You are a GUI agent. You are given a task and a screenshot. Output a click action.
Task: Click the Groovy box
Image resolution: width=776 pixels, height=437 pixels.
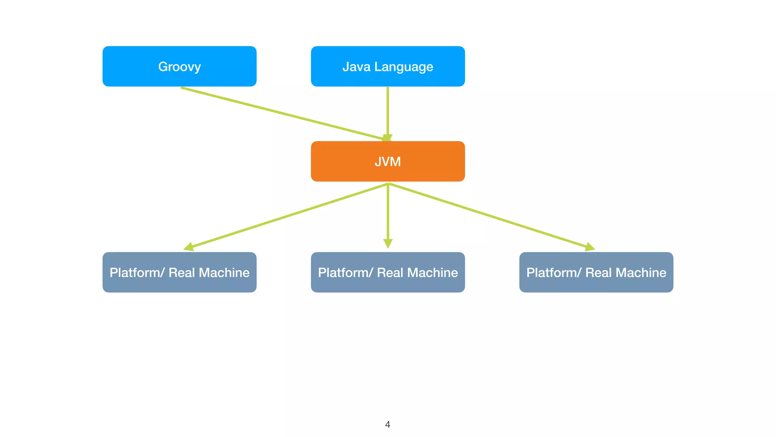tap(179, 66)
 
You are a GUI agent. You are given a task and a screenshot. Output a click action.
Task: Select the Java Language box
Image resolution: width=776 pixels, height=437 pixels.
tap(388, 66)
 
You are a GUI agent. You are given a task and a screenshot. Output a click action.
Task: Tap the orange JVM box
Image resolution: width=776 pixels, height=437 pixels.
tap(388, 161)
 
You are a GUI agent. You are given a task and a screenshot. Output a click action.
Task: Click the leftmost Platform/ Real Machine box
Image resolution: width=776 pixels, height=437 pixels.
tap(179, 272)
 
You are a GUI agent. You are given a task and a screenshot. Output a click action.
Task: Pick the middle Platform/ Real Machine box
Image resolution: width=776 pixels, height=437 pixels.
tap(388, 272)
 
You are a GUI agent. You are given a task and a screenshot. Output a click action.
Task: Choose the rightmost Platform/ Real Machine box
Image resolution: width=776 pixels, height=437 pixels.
tap(596, 272)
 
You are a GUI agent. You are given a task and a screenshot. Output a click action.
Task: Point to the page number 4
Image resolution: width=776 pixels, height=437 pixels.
tap(387, 424)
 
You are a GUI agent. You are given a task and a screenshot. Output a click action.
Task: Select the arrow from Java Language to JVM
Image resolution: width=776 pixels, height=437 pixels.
tap(388, 110)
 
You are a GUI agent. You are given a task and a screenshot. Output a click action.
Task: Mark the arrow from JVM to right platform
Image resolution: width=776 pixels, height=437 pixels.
tap(489, 216)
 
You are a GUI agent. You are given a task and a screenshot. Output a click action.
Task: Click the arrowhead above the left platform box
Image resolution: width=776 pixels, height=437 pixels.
tap(189, 247)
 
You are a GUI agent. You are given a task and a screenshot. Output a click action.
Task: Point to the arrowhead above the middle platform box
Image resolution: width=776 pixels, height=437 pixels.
tap(388, 243)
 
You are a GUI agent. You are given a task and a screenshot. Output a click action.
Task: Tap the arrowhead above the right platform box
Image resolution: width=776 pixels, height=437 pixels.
tap(590, 247)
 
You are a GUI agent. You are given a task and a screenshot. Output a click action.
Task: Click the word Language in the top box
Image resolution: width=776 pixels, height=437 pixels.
tap(404, 67)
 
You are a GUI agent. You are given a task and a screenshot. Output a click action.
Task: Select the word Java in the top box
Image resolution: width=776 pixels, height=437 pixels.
tap(356, 67)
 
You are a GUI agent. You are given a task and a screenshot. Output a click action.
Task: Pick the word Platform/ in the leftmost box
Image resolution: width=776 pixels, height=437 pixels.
tap(137, 272)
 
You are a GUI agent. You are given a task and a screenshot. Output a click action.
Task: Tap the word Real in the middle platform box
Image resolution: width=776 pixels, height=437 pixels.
tap(390, 272)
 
